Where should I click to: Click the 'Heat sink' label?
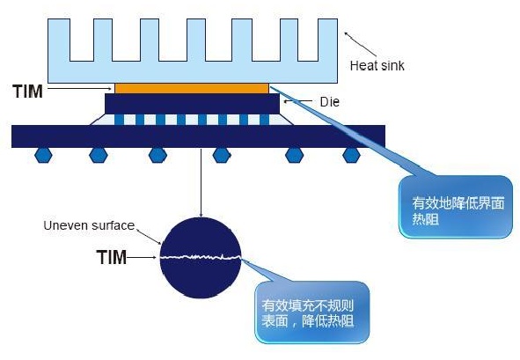(377, 65)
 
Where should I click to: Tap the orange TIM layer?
(192, 88)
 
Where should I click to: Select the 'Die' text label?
(329, 102)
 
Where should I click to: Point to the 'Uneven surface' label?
(89, 225)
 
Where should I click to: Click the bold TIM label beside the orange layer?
(28, 92)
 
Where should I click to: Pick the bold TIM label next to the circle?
(112, 258)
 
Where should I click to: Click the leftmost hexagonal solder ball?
(43, 155)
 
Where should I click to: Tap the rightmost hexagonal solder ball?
(351, 155)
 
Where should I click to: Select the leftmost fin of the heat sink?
(59, 40)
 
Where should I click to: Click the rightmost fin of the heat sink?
(327, 40)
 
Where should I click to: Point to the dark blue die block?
(193, 104)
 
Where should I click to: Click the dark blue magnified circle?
(201, 258)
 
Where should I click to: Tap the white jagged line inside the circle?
(201, 257)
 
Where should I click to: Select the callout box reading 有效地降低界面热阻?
(456, 207)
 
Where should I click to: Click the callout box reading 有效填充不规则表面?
(312, 312)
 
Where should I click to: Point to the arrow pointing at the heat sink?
(361, 44)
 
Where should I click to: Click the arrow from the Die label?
(297, 101)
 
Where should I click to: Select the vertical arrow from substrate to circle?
(201, 183)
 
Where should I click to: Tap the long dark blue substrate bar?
(198, 136)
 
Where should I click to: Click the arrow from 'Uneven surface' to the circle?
(150, 237)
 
